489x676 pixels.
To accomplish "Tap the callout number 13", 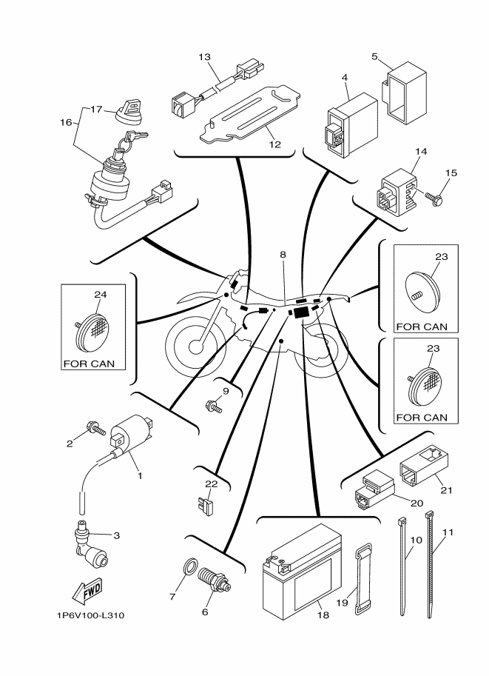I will click(205, 57).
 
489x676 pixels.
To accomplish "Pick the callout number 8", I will click(282, 255).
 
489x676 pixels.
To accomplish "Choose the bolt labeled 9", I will click(215, 405).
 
